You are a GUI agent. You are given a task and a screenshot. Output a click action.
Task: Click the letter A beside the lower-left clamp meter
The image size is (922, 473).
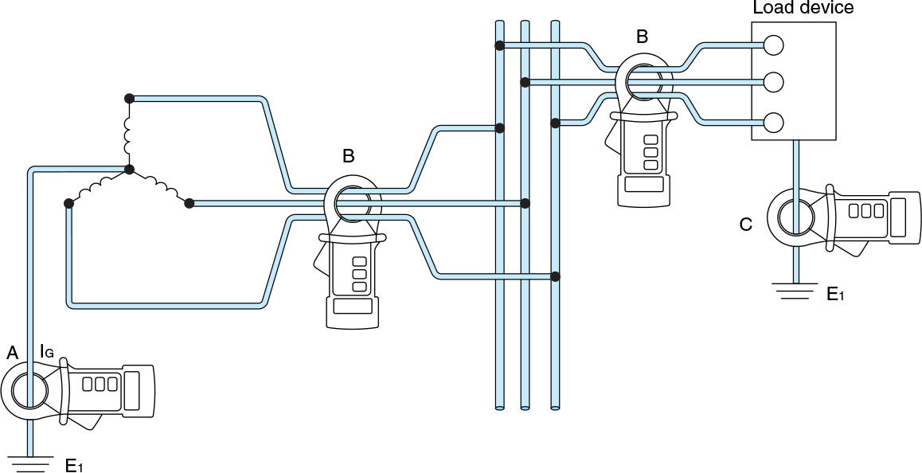pyautogui.click(x=12, y=351)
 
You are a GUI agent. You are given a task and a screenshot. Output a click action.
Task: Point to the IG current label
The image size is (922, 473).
pyautogui.click(x=46, y=351)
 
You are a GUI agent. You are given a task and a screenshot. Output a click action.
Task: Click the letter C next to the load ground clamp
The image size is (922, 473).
pyautogui.click(x=745, y=225)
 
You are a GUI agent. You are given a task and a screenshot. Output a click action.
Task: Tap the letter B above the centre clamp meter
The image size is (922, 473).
pyautogui.click(x=348, y=156)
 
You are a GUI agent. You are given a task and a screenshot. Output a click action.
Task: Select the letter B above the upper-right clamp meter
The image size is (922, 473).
pyautogui.click(x=642, y=37)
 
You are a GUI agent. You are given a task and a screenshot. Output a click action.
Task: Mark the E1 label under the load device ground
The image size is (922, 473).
pyautogui.click(x=835, y=295)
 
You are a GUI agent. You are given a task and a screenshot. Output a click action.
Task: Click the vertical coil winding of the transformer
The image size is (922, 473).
pyautogui.click(x=127, y=134)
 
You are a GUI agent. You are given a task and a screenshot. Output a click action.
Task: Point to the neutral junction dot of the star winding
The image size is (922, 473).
pyautogui.click(x=128, y=170)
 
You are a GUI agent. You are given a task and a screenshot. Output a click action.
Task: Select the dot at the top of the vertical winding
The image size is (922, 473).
pyautogui.click(x=128, y=98)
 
